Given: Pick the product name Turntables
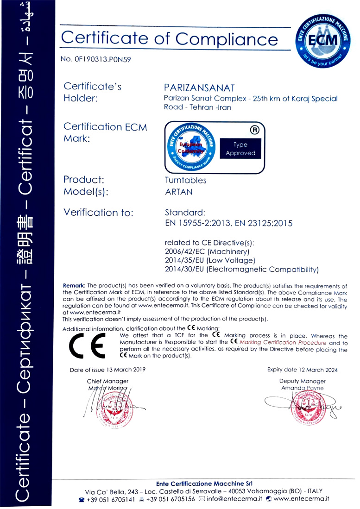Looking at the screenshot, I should (x=185, y=180).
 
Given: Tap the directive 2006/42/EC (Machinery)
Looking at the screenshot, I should (x=208, y=251).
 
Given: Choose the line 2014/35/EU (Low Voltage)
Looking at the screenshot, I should (x=210, y=260).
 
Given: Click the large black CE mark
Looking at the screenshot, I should (x=87, y=346).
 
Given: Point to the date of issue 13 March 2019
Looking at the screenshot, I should (x=107, y=370).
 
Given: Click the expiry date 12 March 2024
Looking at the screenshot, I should (x=302, y=370).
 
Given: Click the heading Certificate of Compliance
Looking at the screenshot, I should (x=170, y=38).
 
